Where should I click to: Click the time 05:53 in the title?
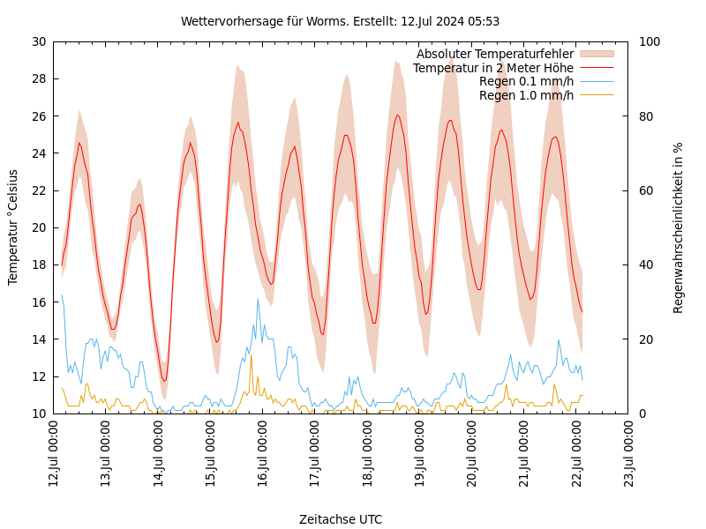[484, 21]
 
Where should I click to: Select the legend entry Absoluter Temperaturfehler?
[495, 54]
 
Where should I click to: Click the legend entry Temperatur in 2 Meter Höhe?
[493, 68]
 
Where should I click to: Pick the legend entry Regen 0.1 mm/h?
[526, 82]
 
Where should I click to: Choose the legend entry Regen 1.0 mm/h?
[526, 95]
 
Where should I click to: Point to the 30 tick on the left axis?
[39, 41]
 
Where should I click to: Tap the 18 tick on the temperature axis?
[39, 264]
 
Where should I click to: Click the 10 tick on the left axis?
[39, 414]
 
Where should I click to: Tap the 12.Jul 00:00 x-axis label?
[54, 453]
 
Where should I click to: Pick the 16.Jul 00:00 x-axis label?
[263, 453]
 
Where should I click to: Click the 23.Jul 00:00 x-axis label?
[629, 453]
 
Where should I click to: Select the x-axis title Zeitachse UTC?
[341, 519]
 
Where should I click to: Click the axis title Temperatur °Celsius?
[13, 227]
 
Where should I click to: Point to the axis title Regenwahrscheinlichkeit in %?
[679, 227]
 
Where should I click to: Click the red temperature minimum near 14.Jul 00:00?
[164, 381]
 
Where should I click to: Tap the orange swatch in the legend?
[597, 54]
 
